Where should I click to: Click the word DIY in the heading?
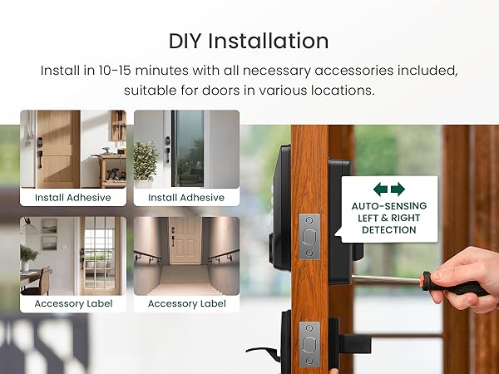tap(187, 42)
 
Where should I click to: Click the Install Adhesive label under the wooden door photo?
tap(72, 198)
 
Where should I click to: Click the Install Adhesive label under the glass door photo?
tap(186, 198)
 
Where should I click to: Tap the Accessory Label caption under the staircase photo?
tap(186, 304)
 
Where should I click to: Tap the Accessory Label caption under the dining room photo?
tap(72, 304)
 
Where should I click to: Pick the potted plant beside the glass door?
tap(146, 158)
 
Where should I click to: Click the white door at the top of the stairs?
tap(185, 239)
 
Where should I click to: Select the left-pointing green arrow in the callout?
tap(380, 189)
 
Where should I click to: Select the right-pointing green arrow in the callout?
tap(398, 189)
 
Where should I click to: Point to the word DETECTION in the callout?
tap(388, 230)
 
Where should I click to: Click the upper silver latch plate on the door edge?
tap(309, 236)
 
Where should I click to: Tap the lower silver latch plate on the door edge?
tap(309, 343)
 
